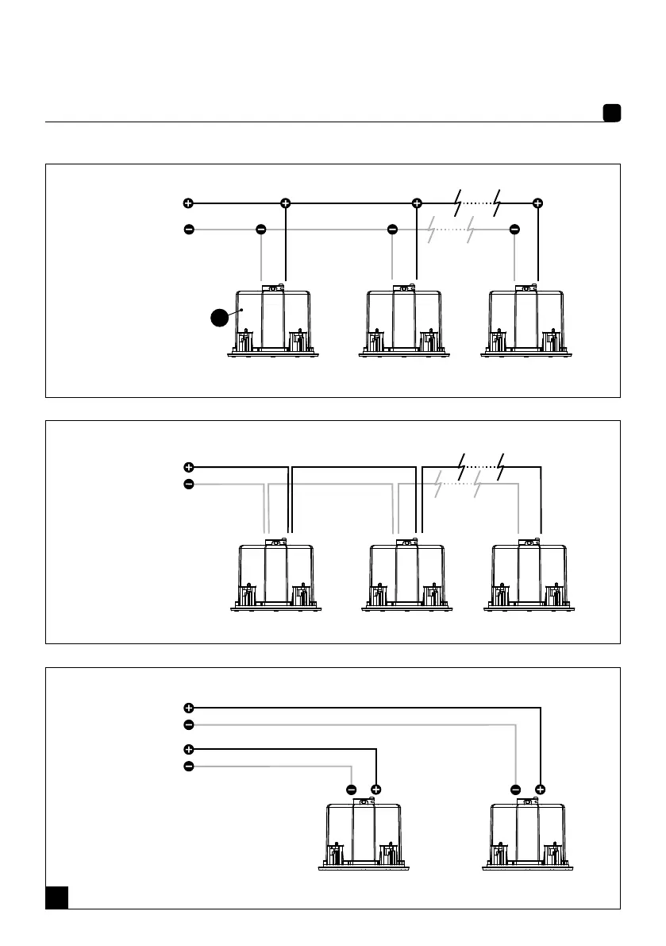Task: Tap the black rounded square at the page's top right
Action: coord(610,114)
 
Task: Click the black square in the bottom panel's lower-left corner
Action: coord(56,897)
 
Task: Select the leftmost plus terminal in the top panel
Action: coord(188,203)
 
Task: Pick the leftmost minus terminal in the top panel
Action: coord(188,230)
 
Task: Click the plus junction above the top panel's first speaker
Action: coord(285,203)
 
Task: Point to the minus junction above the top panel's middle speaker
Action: coord(392,230)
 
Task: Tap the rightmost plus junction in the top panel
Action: coord(538,203)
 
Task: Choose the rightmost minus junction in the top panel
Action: coord(514,230)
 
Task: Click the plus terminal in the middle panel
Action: coord(188,467)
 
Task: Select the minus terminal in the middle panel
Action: coord(188,485)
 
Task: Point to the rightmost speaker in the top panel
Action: coord(526,323)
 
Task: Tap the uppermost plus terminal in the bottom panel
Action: coord(188,707)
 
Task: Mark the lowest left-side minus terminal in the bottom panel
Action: coord(188,766)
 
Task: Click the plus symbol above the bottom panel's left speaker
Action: coord(376,790)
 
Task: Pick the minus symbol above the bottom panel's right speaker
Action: coord(516,790)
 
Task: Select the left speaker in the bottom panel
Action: coord(364,836)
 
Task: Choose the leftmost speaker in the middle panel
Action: coord(275,576)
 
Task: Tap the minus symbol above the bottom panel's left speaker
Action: coord(352,790)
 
